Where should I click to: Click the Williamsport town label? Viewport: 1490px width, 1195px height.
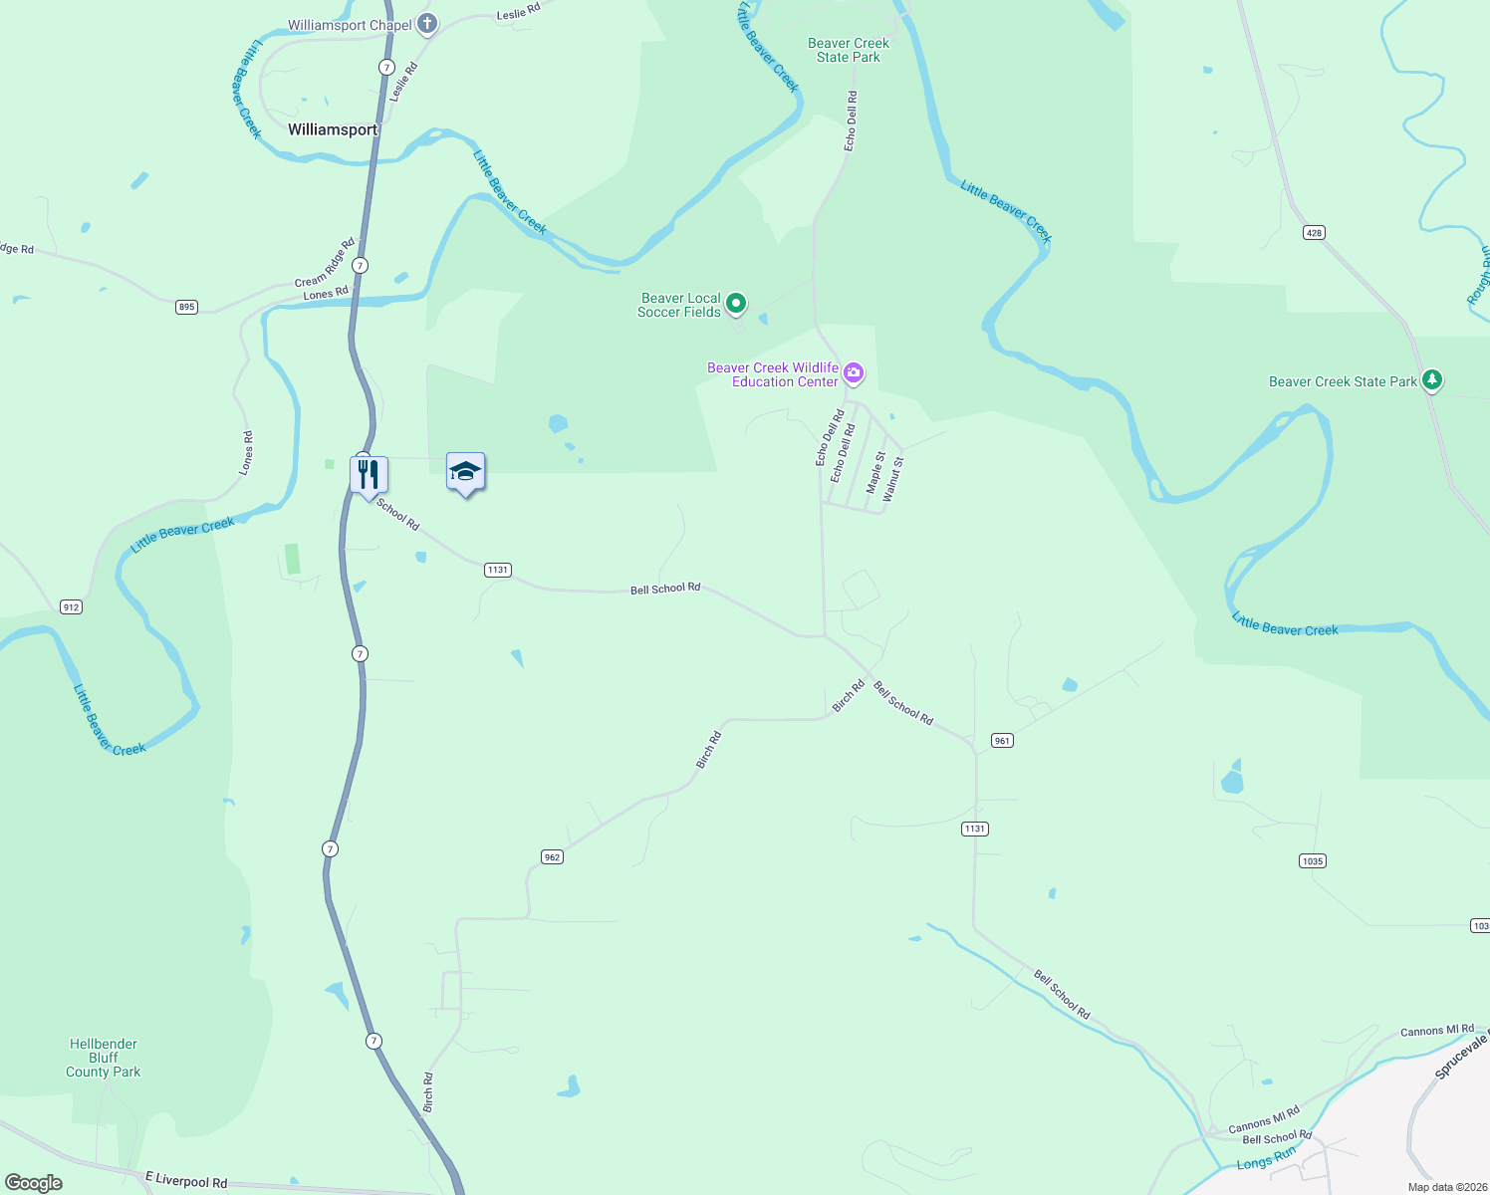pos(333,129)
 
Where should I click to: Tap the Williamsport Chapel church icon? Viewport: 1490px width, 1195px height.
pos(427,24)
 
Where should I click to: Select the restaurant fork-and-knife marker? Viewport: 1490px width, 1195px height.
pos(369,474)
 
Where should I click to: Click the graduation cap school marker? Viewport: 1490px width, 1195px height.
pos(465,472)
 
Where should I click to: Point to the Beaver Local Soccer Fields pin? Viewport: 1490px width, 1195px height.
pos(736,303)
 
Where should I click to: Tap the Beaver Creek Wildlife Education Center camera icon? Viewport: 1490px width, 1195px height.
pos(854,373)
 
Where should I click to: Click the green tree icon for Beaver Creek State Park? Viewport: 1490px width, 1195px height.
pos(1432,379)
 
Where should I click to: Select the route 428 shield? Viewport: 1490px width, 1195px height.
pos(1314,233)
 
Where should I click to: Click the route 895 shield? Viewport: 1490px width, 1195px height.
pos(186,307)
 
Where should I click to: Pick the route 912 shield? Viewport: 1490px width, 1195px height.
pos(71,607)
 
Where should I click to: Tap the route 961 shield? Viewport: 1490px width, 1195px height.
pos(1002,741)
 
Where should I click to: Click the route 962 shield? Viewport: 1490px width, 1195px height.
pos(552,857)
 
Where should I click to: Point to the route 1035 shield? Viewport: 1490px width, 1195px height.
pos(1313,861)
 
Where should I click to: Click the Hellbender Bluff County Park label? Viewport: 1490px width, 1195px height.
pos(104,1058)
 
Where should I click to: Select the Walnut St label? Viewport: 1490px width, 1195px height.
pos(893,478)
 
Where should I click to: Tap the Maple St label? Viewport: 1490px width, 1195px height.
pos(875,473)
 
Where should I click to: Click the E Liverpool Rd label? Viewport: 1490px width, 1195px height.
pos(186,1181)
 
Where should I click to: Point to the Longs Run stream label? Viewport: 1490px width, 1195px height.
pos(1267,1158)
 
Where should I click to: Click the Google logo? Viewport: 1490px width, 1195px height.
pos(34,1183)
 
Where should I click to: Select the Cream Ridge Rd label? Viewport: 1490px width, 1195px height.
pos(325,263)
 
